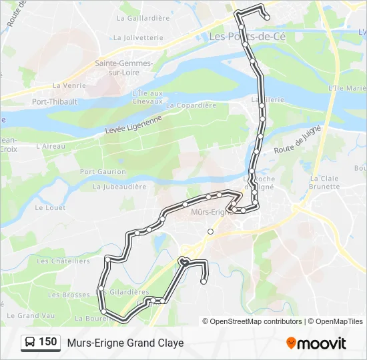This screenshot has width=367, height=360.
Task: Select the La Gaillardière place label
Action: [143, 19]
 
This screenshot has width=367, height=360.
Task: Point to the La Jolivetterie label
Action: [139, 38]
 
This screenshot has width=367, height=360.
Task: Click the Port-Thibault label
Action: [55, 102]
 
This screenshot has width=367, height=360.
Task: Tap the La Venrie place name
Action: [69, 85]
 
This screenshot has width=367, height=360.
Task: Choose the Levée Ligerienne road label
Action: [133, 127]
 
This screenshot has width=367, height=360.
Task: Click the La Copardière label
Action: [191, 105]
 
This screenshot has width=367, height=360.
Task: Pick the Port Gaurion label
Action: [103, 171]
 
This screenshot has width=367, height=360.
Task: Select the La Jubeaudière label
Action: [119, 187]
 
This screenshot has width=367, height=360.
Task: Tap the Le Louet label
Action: [48, 207]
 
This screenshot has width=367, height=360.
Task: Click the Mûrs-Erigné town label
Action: [210, 212]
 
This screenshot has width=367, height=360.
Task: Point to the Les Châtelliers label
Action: [63, 261]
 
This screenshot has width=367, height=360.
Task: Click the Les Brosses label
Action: [69, 295]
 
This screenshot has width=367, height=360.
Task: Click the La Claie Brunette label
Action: [324, 183]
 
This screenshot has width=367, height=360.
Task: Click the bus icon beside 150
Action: [30, 343]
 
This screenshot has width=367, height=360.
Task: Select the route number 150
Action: [47, 342]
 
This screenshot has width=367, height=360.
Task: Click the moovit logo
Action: [316, 343]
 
